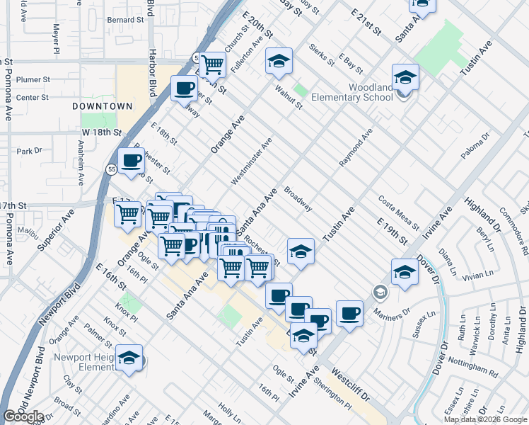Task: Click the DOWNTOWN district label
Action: pyautogui.click(x=103, y=106)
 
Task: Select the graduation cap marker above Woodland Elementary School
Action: pyautogui.click(x=405, y=76)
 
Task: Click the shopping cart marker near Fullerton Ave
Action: pyautogui.click(x=212, y=64)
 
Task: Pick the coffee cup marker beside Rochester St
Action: pyautogui.click(x=131, y=161)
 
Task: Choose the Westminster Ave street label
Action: pyautogui.click(x=250, y=162)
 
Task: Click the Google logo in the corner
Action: pyautogui.click(x=23, y=416)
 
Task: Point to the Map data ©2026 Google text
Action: pyautogui.click(x=485, y=419)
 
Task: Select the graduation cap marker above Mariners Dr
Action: pyautogui.click(x=404, y=272)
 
